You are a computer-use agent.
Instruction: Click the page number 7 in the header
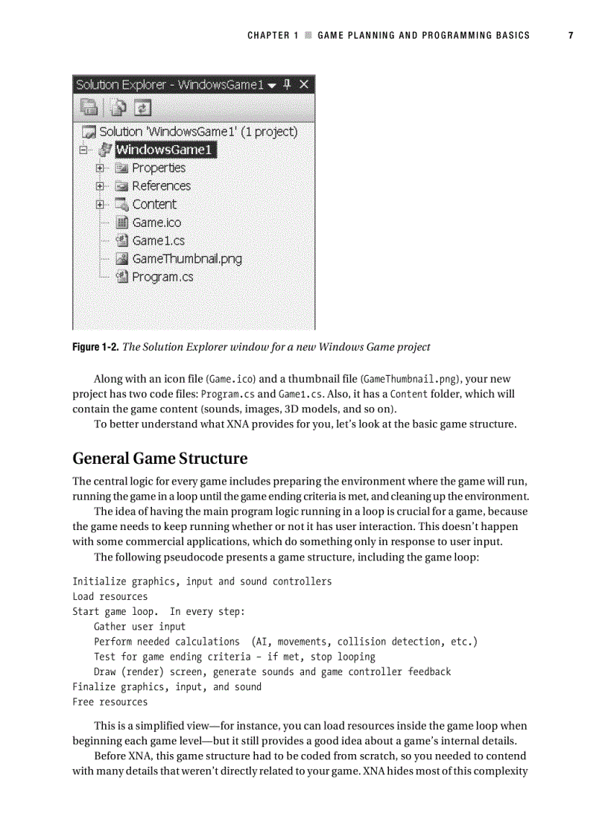point(570,35)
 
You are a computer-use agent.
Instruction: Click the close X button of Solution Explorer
point(304,84)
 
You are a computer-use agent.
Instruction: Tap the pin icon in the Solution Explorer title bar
point(287,84)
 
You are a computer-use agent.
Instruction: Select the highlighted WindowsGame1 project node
point(165,150)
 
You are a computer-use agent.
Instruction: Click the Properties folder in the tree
point(159,168)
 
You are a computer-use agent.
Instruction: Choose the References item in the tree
point(161,186)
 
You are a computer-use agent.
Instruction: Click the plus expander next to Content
point(100,204)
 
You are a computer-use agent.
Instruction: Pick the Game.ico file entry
point(156,223)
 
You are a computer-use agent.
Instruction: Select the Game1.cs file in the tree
point(158,240)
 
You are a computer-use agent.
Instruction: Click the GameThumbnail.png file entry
point(186,259)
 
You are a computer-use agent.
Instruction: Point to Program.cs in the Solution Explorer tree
point(162,277)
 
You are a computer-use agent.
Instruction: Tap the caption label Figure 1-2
point(95,347)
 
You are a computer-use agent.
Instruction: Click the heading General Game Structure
point(159,458)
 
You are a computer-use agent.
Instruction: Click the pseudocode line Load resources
point(110,596)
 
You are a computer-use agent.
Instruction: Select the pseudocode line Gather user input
point(140,627)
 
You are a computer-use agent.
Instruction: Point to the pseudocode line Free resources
point(110,702)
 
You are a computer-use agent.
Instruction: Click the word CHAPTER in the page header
point(268,35)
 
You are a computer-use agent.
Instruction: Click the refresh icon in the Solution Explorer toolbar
point(142,108)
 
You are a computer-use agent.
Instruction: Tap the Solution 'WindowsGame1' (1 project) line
point(198,132)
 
